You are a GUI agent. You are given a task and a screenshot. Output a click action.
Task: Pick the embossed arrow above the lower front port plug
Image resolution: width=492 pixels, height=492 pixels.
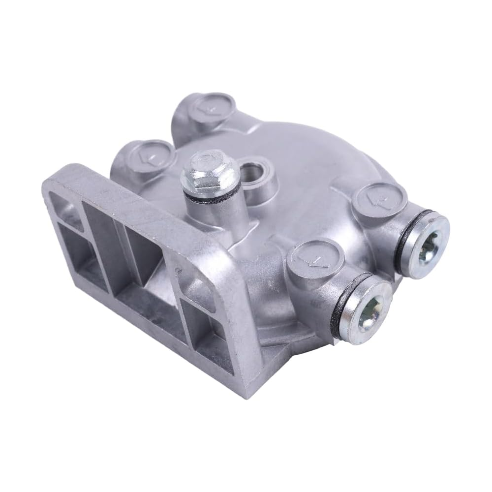[315, 258]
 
